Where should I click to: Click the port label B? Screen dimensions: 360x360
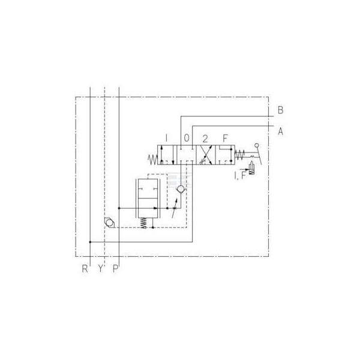tap(280, 110)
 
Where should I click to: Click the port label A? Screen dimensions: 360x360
tap(281, 131)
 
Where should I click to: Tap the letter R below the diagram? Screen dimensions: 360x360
tap(85, 268)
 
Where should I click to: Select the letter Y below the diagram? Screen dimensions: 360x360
tap(100, 268)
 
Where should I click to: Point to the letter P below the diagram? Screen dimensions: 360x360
tap(115, 268)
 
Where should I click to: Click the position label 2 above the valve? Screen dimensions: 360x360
tap(205, 139)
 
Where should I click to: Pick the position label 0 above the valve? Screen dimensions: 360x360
tap(187, 138)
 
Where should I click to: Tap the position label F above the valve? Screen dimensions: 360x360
tap(225, 138)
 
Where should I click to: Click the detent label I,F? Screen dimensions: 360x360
tap(240, 175)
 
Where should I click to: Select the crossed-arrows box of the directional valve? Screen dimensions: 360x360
tap(206, 155)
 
